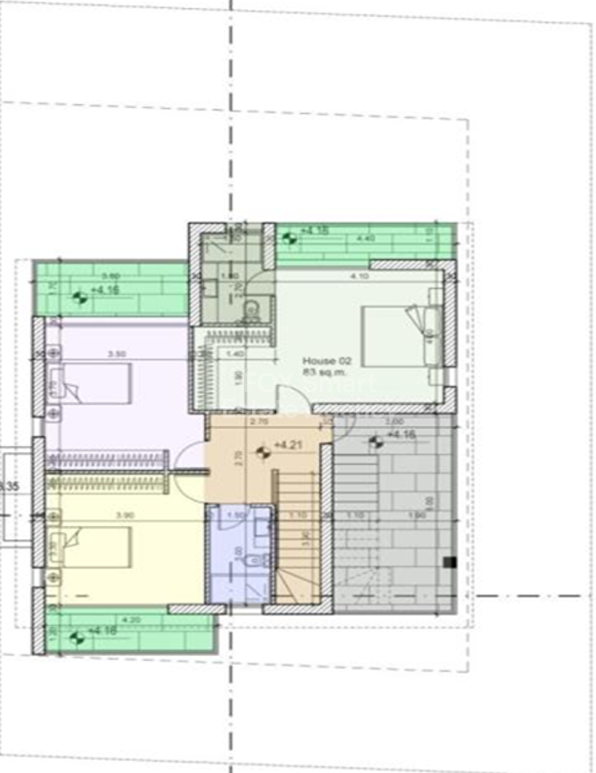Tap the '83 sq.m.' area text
(x=320, y=373)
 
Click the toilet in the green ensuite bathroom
(x=252, y=308)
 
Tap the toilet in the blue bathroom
(x=261, y=560)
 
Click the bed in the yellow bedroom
(x=94, y=547)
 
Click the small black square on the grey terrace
(x=449, y=562)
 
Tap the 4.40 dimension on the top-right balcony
(x=365, y=239)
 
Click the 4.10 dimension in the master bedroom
(x=360, y=276)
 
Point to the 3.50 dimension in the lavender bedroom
(x=116, y=354)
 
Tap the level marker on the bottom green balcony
(x=76, y=636)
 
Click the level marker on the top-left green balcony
(x=80, y=298)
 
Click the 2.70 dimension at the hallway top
(x=262, y=421)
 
